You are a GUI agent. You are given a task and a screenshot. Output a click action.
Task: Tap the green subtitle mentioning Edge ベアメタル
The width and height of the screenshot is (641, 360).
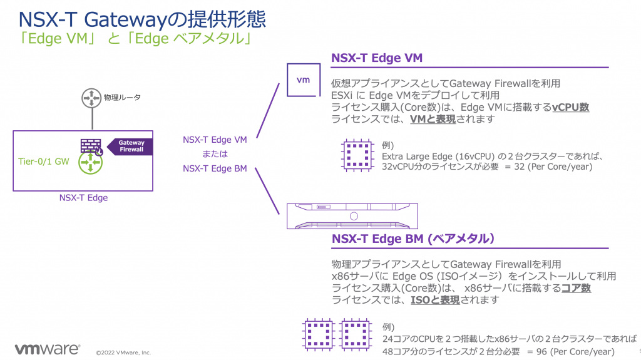coord(135,39)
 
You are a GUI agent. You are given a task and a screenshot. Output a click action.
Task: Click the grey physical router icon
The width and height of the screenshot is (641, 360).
coord(91,98)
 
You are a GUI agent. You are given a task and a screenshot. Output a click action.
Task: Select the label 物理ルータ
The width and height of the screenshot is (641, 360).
coord(122,98)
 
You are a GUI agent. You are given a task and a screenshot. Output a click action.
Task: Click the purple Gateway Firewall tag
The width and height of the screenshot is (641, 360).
coord(130,146)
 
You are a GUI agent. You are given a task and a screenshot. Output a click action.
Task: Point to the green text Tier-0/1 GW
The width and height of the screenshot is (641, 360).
coord(43,161)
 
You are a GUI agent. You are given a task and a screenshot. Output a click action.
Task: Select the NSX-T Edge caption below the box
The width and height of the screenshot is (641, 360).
coord(83,198)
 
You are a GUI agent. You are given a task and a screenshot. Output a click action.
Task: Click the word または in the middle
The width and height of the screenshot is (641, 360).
coord(215,154)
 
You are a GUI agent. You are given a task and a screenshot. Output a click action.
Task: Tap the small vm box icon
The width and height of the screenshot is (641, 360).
coord(303,80)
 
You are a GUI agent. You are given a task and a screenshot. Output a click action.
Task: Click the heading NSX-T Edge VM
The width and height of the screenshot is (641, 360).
coord(377,59)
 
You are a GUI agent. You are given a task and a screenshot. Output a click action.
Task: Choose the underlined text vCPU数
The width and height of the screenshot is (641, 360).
coord(570,107)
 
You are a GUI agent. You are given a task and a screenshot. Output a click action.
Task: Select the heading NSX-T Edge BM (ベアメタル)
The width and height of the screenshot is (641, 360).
coord(414,239)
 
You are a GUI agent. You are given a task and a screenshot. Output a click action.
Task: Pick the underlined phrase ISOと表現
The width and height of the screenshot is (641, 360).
coord(434,300)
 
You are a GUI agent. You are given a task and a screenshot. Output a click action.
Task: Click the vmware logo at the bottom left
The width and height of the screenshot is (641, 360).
coord(47,349)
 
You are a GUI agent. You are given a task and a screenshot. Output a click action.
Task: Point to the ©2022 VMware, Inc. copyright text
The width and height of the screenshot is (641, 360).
coord(123,352)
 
